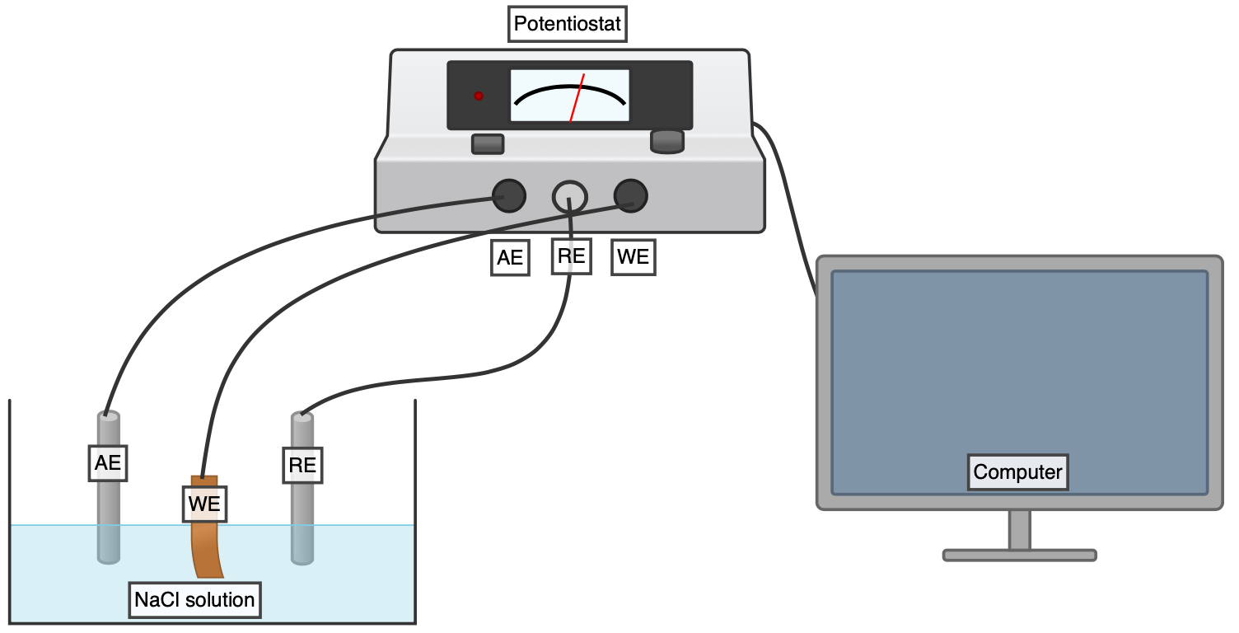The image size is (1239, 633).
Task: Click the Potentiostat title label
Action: [567, 25]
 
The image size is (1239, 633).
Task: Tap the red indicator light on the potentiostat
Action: [479, 96]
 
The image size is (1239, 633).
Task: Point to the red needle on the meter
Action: [577, 98]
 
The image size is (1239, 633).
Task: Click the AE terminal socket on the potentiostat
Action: [508, 195]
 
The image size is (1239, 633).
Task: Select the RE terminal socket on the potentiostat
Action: [569, 196]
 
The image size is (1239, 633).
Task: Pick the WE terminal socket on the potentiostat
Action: [631, 196]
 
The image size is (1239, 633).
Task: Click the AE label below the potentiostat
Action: [510, 257]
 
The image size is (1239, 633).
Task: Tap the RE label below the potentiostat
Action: [571, 256]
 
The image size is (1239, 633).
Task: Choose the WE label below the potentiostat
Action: [633, 257]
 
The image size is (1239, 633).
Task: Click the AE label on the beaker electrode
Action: [108, 463]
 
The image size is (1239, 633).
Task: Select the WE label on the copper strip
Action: [204, 504]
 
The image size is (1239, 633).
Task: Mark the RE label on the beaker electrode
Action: [302, 465]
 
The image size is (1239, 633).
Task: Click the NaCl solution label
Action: [195, 599]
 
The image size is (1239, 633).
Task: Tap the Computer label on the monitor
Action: [1018, 473]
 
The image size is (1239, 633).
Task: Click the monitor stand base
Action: [1019, 556]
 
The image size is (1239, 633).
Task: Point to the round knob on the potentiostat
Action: [667, 141]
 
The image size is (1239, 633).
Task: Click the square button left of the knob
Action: [487, 144]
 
